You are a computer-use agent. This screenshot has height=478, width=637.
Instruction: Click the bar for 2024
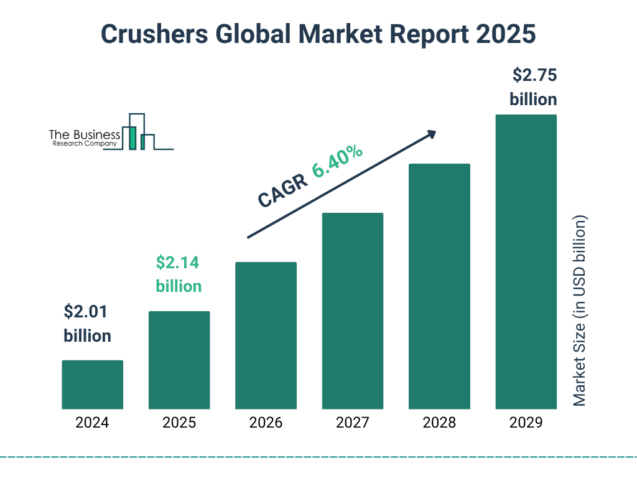pos(92,385)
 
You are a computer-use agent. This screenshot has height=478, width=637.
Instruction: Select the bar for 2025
pos(179,360)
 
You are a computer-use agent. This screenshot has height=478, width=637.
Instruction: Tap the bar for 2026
pos(266,335)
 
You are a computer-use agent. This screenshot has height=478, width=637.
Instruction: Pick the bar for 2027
pos(352,311)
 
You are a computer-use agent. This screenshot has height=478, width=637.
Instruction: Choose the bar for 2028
pos(439,286)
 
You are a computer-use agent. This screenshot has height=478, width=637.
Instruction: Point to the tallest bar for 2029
pos(526,261)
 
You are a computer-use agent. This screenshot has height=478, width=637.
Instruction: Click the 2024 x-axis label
pos(92,423)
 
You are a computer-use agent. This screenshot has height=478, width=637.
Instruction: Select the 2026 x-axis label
pos(266,423)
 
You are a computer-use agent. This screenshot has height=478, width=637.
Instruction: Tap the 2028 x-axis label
pos(439,423)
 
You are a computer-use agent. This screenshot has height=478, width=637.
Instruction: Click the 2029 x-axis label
pos(526,423)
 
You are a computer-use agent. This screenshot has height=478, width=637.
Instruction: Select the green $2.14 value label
pos(177,263)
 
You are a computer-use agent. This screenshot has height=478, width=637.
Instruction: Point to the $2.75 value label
pos(534,76)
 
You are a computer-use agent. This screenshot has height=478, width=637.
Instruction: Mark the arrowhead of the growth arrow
pos(431,134)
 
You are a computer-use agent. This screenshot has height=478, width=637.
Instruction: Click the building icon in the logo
pos(138,133)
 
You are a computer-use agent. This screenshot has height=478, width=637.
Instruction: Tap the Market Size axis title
pos(580,311)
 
